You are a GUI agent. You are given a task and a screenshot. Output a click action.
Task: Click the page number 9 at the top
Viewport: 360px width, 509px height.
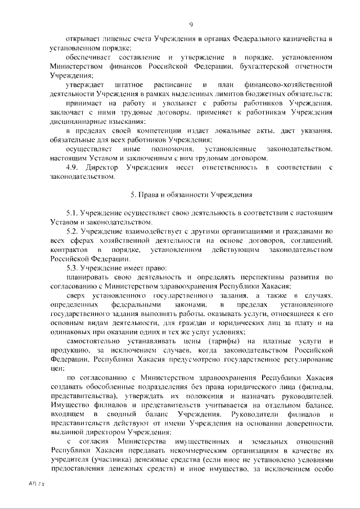(x=192, y=24)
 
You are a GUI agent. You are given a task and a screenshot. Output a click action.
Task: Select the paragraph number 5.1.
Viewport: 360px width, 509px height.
(x=73, y=214)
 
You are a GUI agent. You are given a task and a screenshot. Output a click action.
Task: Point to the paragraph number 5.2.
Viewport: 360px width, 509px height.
(x=73, y=232)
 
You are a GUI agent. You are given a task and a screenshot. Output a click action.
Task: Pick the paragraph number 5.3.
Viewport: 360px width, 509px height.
(x=73, y=268)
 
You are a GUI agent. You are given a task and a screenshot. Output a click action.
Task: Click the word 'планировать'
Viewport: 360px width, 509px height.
(x=87, y=277)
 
